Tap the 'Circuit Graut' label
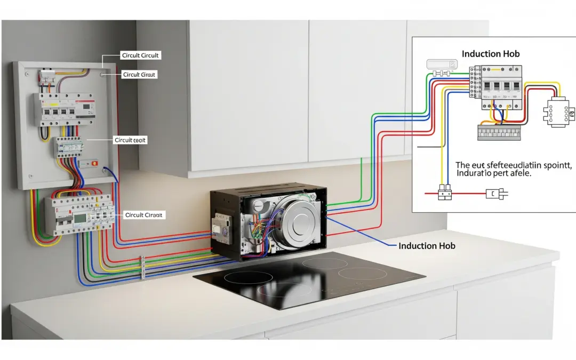point(139,75)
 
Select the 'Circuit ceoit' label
point(131,140)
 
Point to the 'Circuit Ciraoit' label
point(145,215)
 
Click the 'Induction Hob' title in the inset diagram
point(490,54)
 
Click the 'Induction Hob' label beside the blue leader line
point(427,246)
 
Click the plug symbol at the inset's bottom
point(495,195)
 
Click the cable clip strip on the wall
point(142,267)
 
